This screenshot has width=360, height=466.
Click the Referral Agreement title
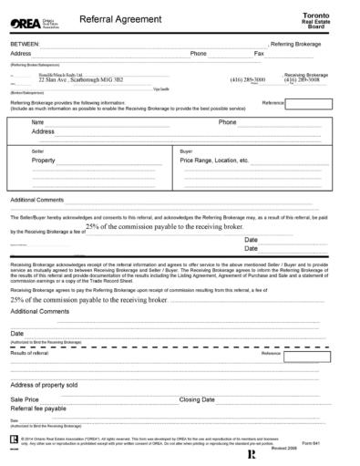point(106,18)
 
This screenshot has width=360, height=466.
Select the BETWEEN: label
point(26,43)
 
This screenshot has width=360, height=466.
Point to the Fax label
point(259,54)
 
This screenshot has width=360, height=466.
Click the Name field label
point(38,121)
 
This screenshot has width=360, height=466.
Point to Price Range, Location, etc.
point(215,160)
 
